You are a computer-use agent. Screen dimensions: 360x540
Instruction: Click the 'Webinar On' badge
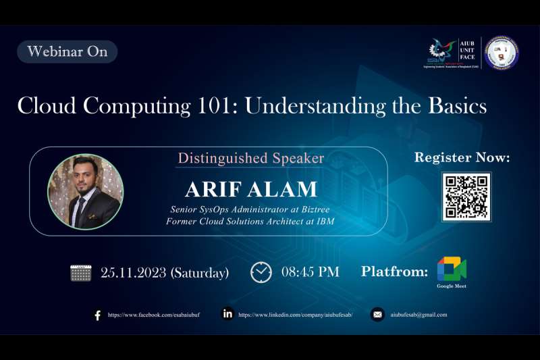(x=67, y=52)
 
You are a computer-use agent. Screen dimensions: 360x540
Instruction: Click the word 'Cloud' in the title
(x=46, y=106)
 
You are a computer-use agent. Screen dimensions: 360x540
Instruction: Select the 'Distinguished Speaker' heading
(x=250, y=158)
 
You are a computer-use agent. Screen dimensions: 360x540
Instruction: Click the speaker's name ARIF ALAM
(x=251, y=188)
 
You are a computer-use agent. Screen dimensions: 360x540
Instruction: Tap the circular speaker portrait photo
(x=86, y=192)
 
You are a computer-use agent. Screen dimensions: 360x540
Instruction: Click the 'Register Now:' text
(x=462, y=158)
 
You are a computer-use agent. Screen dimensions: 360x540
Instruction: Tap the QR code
(x=466, y=197)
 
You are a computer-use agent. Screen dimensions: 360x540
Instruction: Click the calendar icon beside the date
(x=80, y=273)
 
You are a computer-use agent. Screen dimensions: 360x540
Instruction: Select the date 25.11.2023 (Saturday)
(x=165, y=273)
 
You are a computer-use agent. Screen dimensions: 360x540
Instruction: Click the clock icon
(x=261, y=272)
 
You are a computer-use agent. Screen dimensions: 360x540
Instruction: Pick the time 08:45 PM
(x=310, y=272)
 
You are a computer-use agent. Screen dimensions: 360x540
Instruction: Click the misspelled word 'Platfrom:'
(x=394, y=272)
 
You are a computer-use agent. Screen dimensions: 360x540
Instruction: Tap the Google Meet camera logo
(x=452, y=269)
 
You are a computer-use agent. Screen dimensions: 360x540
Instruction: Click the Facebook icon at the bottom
(x=97, y=315)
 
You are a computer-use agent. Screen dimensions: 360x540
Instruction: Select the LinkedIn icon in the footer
(x=227, y=314)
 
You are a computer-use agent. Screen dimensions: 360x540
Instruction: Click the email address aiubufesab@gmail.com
(x=418, y=315)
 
